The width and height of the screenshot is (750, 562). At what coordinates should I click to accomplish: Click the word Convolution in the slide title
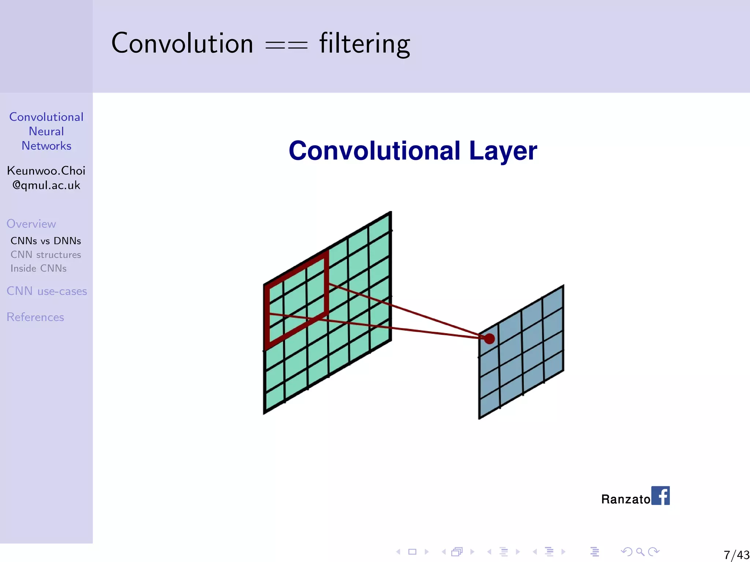pyautogui.click(x=182, y=43)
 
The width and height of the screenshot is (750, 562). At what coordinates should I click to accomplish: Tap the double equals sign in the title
pyautogui.click(x=286, y=45)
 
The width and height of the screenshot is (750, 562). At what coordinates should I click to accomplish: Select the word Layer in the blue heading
pyautogui.click(x=503, y=151)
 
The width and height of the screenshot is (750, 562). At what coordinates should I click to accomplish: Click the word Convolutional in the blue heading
pyautogui.click(x=374, y=151)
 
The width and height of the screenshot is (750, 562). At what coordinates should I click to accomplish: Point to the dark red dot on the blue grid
pyautogui.click(x=489, y=339)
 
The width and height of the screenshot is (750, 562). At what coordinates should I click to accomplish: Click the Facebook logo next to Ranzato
pyautogui.click(x=661, y=495)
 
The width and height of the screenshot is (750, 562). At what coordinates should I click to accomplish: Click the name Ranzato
pyautogui.click(x=625, y=499)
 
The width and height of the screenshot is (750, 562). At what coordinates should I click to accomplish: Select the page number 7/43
pyautogui.click(x=736, y=555)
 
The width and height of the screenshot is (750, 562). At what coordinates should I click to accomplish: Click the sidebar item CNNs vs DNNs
pyautogui.click(x=46, y=241)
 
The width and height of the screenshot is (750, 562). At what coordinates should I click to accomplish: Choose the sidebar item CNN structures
pyautogui.click(x=46, y=255)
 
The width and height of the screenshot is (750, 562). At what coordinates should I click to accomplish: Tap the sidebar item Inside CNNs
pyautogui.click(x=38, y=268)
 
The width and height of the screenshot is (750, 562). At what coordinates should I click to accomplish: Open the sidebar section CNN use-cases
pyautogui.click(x=47, y=291)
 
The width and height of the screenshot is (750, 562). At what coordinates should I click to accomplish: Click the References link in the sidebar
pyautogui.click(x=35, y=317)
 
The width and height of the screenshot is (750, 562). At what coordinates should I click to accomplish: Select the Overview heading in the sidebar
pyautogui.click(x=31, y=224)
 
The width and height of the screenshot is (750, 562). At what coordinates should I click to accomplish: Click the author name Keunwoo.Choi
pyautogui.click(x=46, y=171)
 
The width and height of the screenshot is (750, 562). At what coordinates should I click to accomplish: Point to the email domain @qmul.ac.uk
pyautogui.click(x=46, y=185)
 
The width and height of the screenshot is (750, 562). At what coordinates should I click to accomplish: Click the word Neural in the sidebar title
pyautogui.click(x=46, y=131)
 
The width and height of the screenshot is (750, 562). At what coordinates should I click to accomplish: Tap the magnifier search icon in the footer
pyautogui.click(x=640, y=551)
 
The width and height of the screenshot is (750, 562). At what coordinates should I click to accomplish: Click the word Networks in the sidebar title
pyautogui.click(x=46, y=146)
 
